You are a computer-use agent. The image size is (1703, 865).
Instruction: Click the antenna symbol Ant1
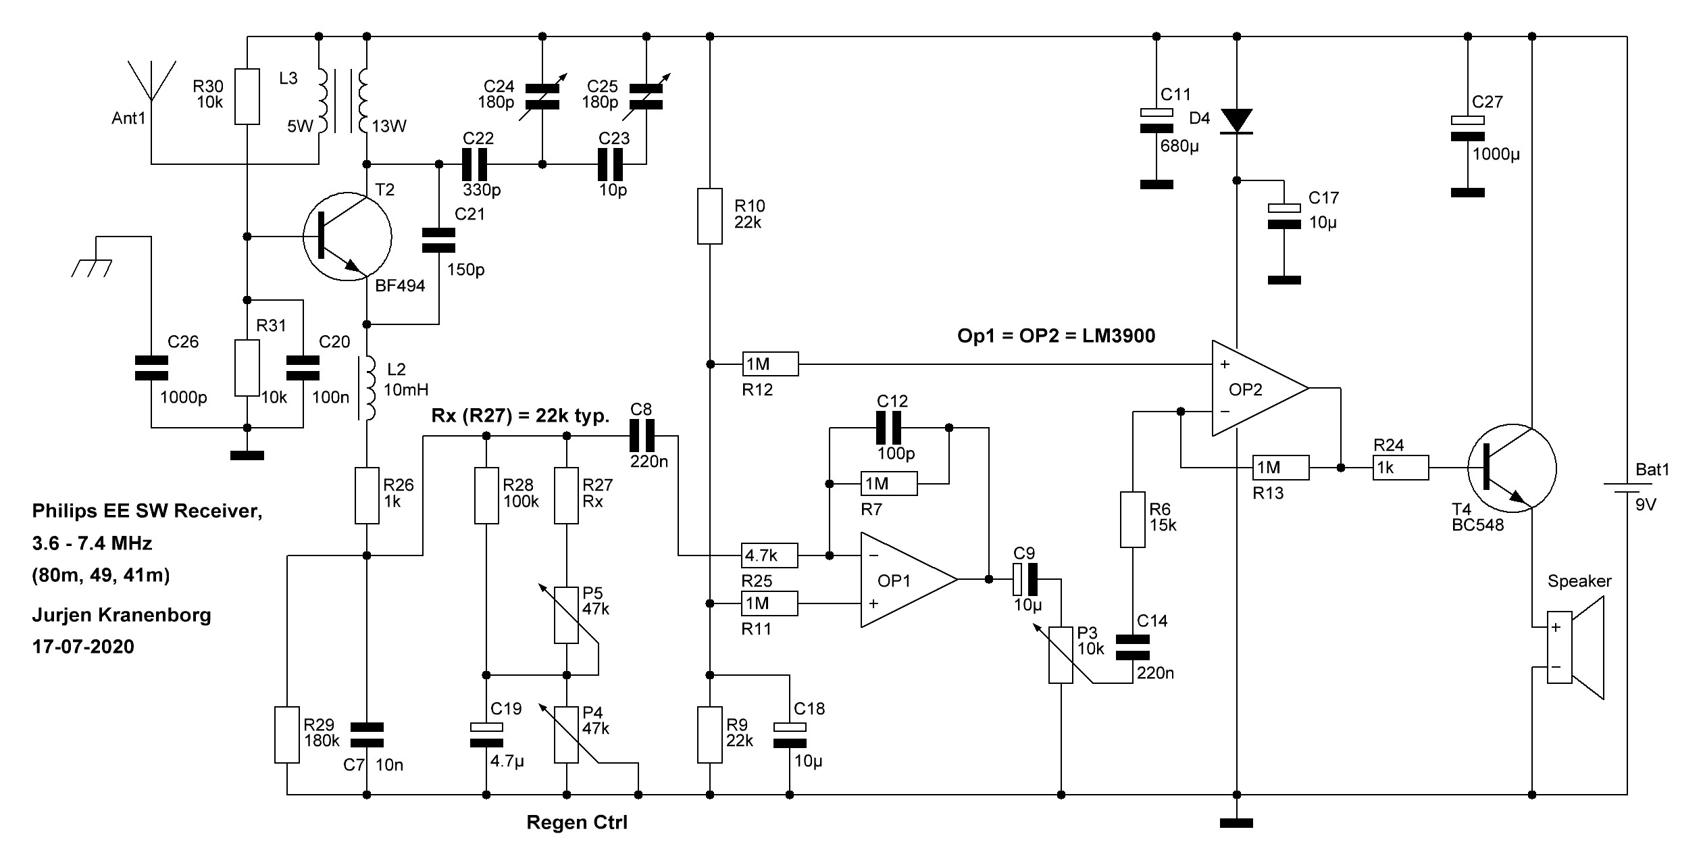click(x=151, y=88)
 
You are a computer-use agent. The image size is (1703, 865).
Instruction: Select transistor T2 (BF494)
click(x=347, y=237)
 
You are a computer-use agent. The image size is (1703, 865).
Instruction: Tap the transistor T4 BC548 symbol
click(x=1512, y=468)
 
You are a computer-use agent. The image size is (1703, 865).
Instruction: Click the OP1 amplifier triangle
click(x=909, y=579)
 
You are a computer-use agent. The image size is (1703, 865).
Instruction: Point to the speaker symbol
click(x=1575, y=656)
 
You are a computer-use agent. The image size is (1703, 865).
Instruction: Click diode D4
click(x=1236, y=121)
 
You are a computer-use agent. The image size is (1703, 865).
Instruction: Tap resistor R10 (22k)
click(x=709, y=216)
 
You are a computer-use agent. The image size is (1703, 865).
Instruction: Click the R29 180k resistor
click(x=286, y=735)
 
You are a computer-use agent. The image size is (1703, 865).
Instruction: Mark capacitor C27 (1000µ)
click(x=1467, y=128)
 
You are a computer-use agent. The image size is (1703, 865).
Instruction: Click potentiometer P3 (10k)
click(x=1061, y=655)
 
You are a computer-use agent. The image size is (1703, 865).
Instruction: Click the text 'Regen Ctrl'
click(x=577, y=822)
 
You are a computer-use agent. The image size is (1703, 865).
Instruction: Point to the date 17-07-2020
click(x=83, y=647)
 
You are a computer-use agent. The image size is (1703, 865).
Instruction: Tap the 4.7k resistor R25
click(x=769, y=555)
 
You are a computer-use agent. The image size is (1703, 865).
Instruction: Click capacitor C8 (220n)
click(x=642, y=436)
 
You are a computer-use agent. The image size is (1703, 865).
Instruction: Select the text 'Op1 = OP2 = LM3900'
click(x=1057, y=336)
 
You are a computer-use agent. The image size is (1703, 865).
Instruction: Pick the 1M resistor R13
click(x=1281, y=468)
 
